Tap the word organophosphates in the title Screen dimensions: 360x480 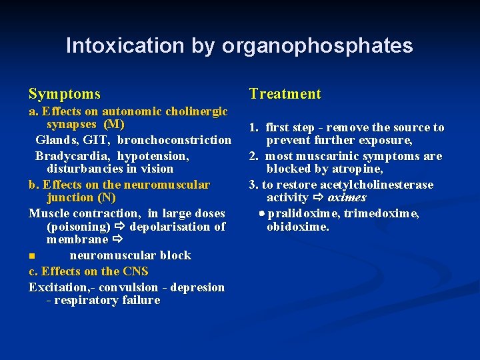pyautogui.click(x=317, y=46)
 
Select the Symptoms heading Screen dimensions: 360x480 pyautogui.click(x=65, y=94)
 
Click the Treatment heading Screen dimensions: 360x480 pyautogui.click(x=285, y=94)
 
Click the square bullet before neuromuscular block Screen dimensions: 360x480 pyautogui.click(x=31, y=256)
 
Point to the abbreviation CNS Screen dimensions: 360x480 pyautogui.click(x=135, y=271)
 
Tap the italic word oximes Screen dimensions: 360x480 pyautogui.click(x=347, y=198)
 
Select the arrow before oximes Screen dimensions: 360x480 pyautogui.click(x=318, y=198)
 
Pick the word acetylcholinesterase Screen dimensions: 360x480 pyautogui.click(x=377, y=185)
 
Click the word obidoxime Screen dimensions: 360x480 pyautogui.click(x=297, y=227)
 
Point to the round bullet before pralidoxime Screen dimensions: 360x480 pyautogui.click(x=261, y=213)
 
